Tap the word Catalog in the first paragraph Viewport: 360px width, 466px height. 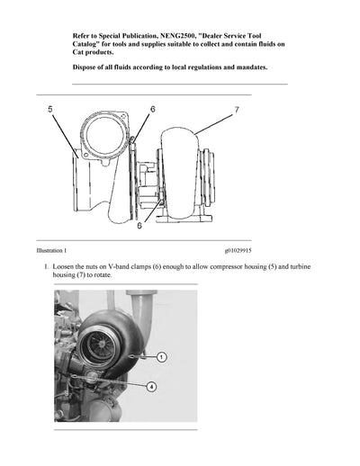point(91,43)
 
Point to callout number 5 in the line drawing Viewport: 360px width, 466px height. point(50,109)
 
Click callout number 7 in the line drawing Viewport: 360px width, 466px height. point(237,109)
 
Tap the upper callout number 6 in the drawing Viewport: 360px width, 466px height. point(152,109)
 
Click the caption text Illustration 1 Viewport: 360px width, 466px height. point(45,251)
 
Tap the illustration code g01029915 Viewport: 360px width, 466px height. point(239,251)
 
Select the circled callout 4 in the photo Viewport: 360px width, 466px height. point(151,387)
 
